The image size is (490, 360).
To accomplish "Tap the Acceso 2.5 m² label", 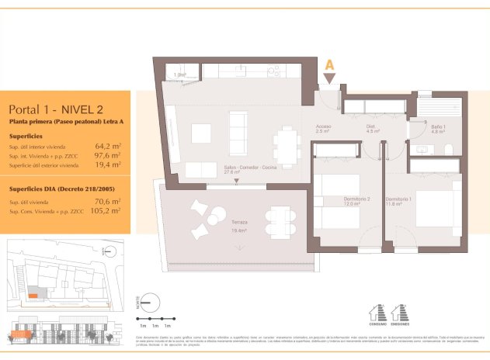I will pyautogui.click(x=324, y=129).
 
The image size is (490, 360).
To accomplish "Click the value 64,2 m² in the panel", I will pyautogui.click(x=107, y=146).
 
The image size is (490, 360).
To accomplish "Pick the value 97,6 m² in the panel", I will pyautogui.click(x=107, y=155).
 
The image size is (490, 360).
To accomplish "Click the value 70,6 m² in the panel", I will pyautogui.click(x=107, y=201).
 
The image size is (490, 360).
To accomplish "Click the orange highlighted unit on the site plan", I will pyautogui.click(x=33, y=295).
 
